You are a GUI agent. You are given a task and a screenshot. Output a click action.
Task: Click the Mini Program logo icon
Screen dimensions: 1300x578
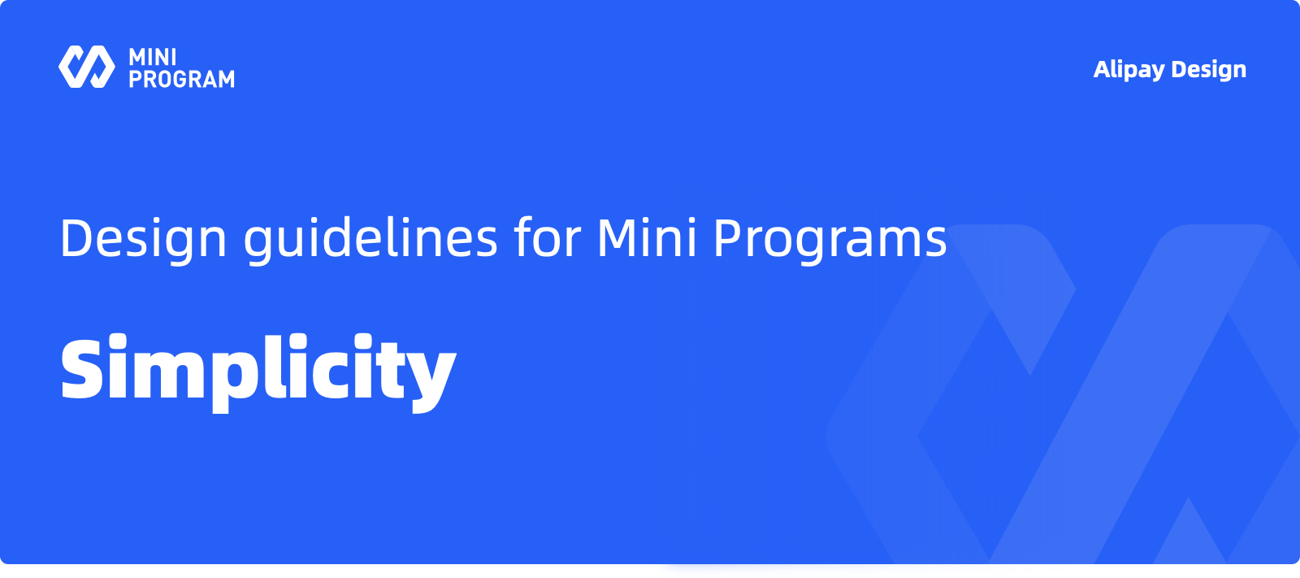pos(87,67)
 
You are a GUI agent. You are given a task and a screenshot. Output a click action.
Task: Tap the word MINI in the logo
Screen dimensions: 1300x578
pos(153,58)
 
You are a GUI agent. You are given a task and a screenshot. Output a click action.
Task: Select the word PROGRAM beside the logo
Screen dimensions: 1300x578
pos(182,78)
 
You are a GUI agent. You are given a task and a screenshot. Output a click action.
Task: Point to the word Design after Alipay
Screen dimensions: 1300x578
pos(1209,70)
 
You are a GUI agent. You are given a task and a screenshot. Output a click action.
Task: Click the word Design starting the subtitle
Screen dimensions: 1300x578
pos(143,239)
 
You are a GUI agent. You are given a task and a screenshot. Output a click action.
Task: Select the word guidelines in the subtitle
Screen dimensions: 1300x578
pos(370,239)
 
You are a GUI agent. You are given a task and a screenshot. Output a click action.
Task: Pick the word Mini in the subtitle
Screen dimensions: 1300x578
pos(647,237)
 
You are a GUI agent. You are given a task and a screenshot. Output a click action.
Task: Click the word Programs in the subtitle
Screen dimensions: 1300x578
pos(830,239)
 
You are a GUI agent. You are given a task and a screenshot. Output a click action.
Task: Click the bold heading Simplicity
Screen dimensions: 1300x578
pos(258,372)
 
